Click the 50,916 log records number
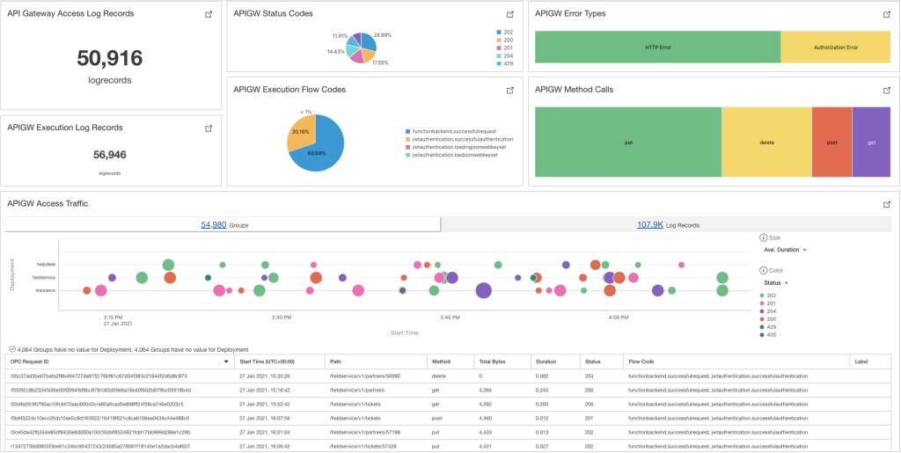pos(110,59)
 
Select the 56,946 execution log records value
pos(110,155)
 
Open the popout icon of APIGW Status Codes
pos(509,15)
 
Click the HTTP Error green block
pos(657,47)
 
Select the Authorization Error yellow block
pos(835,47)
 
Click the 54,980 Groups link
pos(214,225)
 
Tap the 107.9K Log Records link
pos(651,225)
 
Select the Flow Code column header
pos(641,361)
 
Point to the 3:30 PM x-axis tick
pos(282,317)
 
